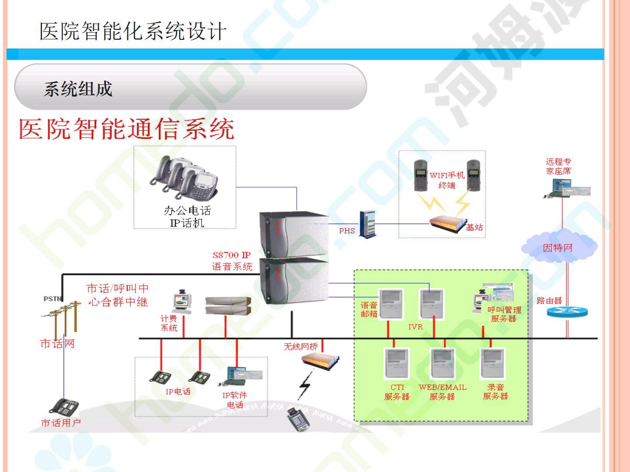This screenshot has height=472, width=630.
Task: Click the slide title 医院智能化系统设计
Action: point(133,31)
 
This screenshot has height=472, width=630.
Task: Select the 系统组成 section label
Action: point(78,89)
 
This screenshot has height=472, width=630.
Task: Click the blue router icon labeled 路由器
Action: point(567,312)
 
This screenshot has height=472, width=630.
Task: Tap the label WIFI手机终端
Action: point(447,180)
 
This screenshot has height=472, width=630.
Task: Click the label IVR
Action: point(415,326)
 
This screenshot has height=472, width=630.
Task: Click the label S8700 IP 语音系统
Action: point(232,261)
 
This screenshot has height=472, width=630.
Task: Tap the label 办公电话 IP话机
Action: point(187,217)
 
